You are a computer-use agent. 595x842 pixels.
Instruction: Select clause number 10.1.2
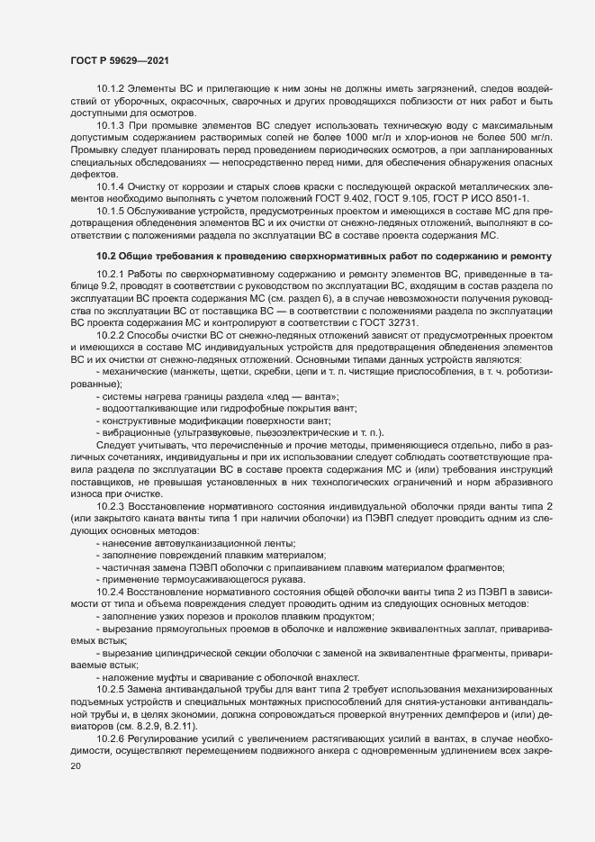point(112,92)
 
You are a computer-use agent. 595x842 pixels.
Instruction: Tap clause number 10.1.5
point(112,210)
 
